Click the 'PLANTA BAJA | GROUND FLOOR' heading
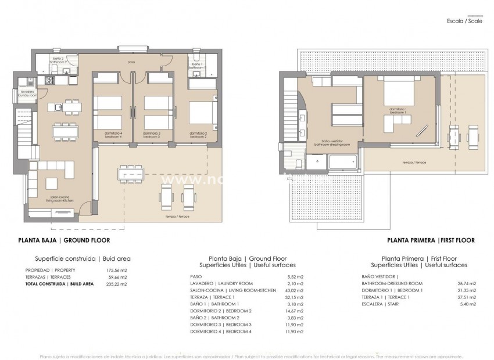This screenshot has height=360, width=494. point(64,240)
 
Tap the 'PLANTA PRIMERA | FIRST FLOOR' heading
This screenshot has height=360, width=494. point(431,240)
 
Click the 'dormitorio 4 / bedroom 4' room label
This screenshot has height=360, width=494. point(113,135)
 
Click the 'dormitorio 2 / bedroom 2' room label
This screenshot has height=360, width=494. point(198,135)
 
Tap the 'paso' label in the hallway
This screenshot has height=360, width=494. point(132,61)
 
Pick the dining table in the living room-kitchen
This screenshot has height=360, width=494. point(65,131)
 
